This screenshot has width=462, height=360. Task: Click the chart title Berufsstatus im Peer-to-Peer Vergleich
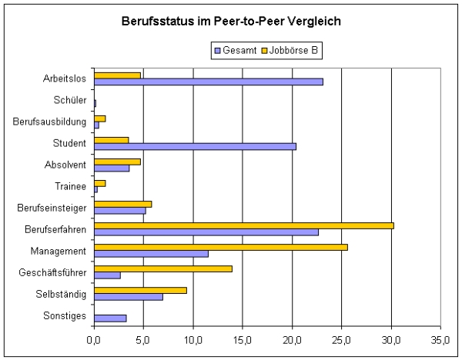tap(231, 21)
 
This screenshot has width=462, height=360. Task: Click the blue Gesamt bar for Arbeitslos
tap(208, 81)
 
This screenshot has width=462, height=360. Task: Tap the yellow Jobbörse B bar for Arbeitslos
tap(117, 75)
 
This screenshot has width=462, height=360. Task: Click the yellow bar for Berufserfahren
tap(243, 225)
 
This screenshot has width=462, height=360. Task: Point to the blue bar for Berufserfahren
tap(206, 232)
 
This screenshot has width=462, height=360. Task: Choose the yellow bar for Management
tap(220, 247)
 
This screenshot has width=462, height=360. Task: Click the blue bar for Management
tap(151, 253)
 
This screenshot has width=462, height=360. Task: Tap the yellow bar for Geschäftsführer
tap(162, 268)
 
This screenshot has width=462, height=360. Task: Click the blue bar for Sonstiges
tap(110, 318)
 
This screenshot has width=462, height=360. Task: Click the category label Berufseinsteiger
tap(53, 208)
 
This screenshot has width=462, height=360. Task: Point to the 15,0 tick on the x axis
tap(243, 338)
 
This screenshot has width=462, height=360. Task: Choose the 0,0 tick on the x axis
tap(94, 338)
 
